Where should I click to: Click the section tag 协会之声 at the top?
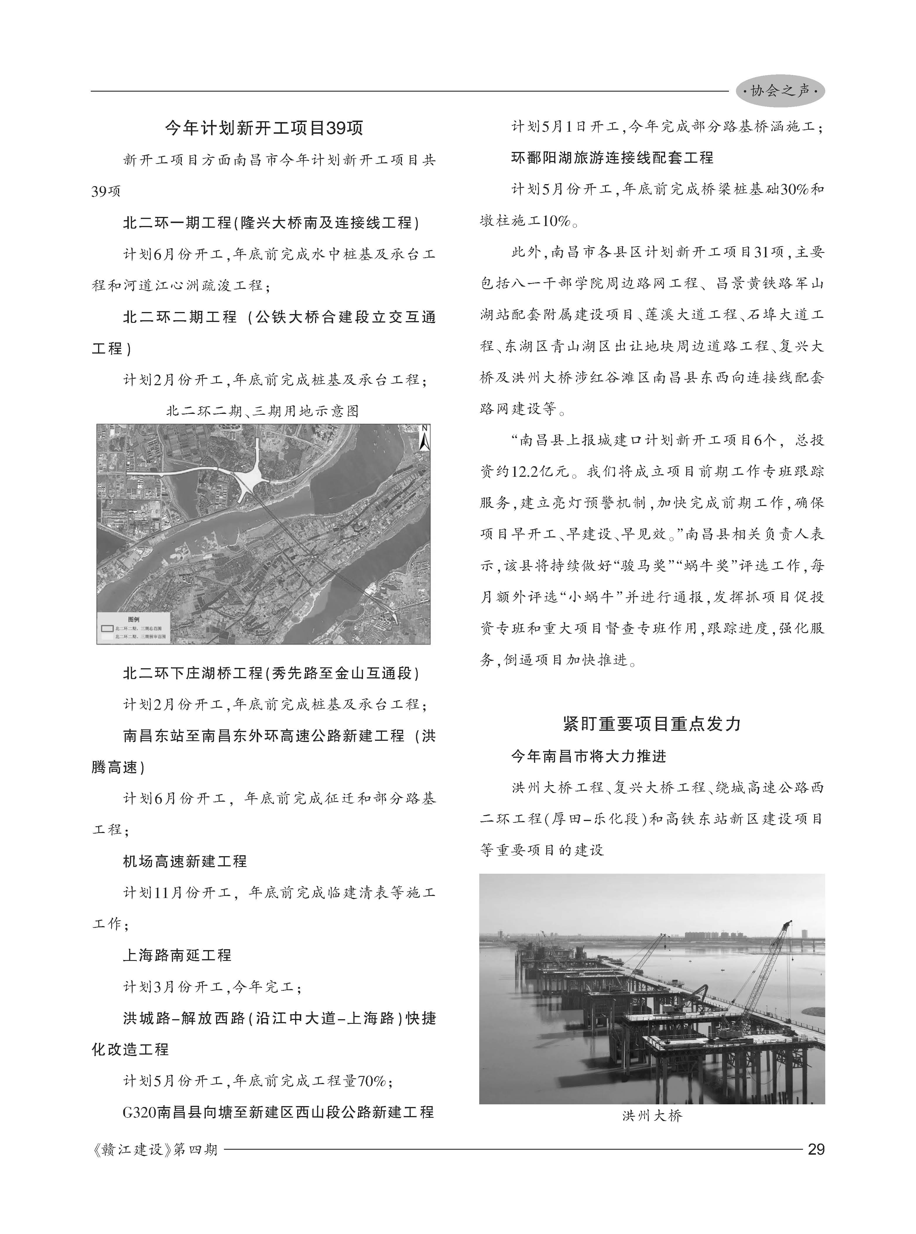coord(780,91)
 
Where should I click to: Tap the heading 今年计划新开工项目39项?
coord(264,128)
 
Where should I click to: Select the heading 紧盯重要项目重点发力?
coord(652,724)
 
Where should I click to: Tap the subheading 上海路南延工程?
coord(177,955)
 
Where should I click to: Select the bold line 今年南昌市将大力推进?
coord(589,756)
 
